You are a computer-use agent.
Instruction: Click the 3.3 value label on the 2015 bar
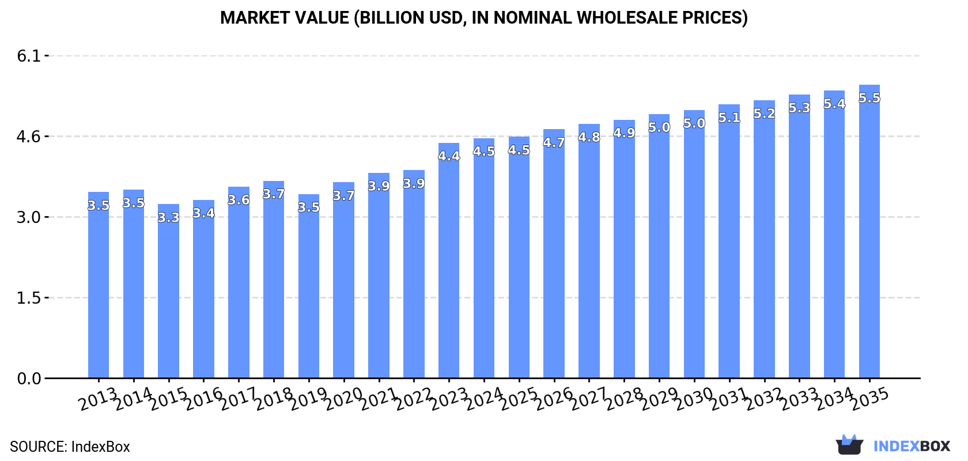(x=168, y=218)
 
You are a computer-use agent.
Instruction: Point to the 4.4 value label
(x=449, y=156)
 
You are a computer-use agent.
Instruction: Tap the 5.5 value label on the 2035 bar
(x=869, y=99)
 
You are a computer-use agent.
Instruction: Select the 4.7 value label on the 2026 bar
(x=554, y=143)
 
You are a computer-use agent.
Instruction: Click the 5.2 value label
(x=764, y=114)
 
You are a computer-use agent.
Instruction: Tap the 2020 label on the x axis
(x=343, y=399)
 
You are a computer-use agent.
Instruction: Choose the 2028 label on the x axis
(x=624, y=399)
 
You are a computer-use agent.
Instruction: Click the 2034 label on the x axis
(x=834, y=399)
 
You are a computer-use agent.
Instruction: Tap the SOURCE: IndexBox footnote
(x=70, y=447)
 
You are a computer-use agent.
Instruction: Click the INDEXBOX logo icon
(x=849, y=445)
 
